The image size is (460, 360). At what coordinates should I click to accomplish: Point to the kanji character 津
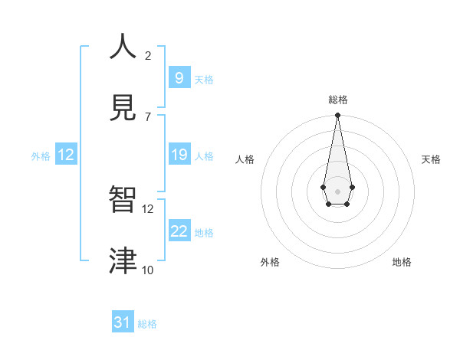click(123, 260)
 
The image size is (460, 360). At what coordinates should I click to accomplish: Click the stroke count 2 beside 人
click(148, 55)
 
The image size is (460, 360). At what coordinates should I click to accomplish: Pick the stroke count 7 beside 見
click(148, 116)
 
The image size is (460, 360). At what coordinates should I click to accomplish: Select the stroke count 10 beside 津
click(148, 270)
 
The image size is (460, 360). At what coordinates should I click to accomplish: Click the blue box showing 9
click(179, 78)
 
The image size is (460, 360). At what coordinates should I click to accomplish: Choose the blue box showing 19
click(179, 155)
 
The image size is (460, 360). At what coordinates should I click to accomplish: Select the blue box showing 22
click(179, 231)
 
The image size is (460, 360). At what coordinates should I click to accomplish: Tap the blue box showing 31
click(123, 322)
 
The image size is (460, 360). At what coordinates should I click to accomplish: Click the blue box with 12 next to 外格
click(66, 155)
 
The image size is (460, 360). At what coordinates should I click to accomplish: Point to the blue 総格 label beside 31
click(147, 324)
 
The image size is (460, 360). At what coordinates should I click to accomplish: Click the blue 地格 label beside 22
click(204, 233)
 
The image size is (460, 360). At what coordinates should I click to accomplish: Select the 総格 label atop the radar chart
click(337, 100)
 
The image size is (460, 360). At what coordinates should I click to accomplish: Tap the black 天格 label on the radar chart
click(431, 159)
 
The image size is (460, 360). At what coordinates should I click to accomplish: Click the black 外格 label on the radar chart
click(270, 262)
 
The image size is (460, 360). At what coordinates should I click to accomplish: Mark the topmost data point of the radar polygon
click(337, 116)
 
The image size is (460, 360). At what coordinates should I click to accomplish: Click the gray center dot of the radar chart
click(337, 190)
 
